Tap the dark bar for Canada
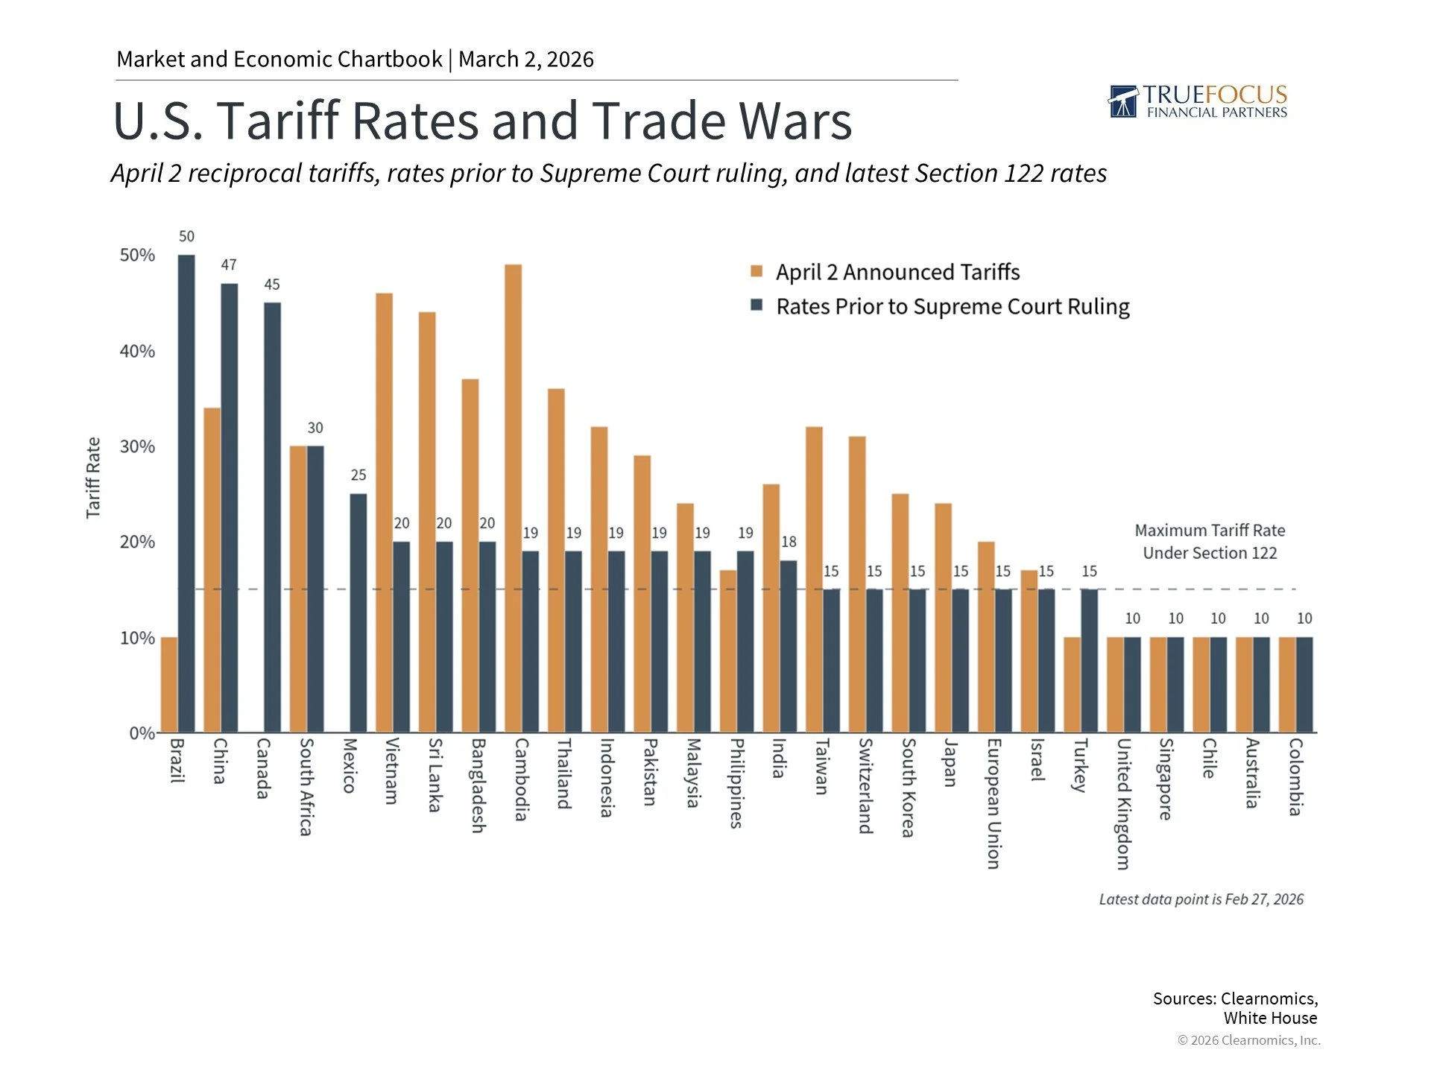coord(273,517)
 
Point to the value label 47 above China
coord(229,265)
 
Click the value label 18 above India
coord(789,542)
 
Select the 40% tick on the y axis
coord(138,351)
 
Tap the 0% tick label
coord(142,733)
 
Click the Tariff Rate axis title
coord(93,478)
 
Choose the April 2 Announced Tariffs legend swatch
coord(756,271)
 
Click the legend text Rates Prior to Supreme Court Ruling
coord(953,306)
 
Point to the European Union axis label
coord(994,803)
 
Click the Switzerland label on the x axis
coord(865,785)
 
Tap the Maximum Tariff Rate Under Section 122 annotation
coord(1210,542)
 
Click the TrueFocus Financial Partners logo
coord(1198,101)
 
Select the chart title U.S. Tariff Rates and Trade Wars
coord(482,121)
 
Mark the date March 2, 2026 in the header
coord(526,60)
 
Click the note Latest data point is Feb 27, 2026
coord(1201,899)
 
